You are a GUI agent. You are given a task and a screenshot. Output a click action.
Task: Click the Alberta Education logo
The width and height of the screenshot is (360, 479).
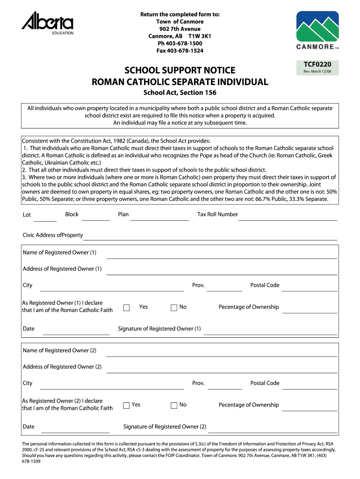[x=47, y=24]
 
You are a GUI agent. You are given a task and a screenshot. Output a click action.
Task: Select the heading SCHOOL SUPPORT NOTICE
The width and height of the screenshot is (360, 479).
[x=180, y=71]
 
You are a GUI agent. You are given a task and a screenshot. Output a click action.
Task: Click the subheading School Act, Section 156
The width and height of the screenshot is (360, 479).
[x=180, y=93]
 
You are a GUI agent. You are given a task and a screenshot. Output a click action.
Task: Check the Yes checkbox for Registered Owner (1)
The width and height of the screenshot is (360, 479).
[x=126, y=307]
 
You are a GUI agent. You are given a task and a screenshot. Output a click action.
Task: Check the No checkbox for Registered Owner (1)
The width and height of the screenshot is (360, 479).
[x=174, y=307]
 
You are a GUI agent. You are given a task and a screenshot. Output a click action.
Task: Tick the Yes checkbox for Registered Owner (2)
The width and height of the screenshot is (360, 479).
[x=126, y=406]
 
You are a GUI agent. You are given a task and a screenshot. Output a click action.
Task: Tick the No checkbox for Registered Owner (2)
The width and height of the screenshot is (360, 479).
[x=174, y=406]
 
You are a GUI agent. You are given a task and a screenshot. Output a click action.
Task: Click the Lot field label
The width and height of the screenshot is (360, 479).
[x=27, y=215]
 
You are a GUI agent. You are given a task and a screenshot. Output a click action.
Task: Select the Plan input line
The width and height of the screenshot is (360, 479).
[x=159, y=219]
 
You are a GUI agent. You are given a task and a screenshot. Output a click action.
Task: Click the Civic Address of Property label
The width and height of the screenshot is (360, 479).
[x=53, y=235]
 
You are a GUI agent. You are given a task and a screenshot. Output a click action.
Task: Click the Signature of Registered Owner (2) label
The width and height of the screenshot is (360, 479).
[x=165, y=427]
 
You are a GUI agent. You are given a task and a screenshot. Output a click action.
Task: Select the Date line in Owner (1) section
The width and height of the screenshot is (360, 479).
[x=76, y=334]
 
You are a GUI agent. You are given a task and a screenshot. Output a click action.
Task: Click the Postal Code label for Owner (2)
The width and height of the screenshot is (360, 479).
[x=265, y=383]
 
